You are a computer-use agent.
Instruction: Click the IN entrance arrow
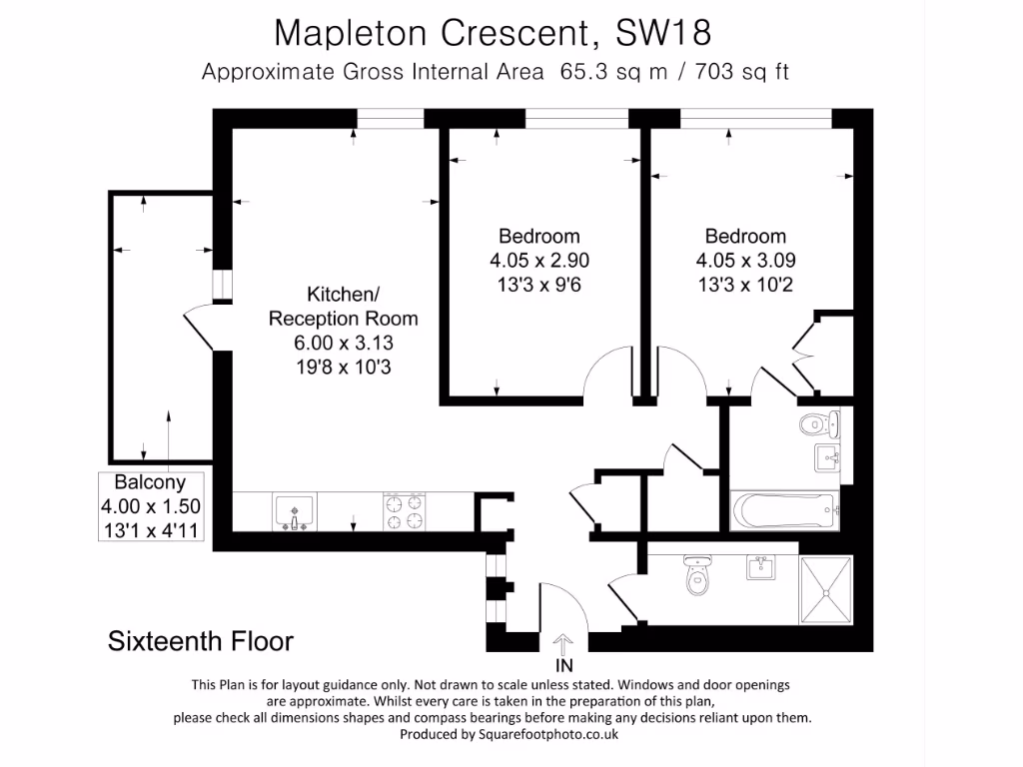[563, 644]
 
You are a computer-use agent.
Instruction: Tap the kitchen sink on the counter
[295, 511]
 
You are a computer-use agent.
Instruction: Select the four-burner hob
[405, 511]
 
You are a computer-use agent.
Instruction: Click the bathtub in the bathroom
[784, 510]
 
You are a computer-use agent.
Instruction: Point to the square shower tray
[825, 590]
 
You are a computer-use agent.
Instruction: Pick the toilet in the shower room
[697, 574]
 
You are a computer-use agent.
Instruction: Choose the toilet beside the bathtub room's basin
[819, 424]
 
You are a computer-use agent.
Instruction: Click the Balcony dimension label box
[151, 506]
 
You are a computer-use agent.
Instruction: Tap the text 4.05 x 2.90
[539, 261]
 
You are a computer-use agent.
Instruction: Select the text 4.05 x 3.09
[745, 261]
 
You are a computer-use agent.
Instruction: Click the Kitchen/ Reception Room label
[344, 306]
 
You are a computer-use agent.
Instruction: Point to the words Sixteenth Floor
[200, 641]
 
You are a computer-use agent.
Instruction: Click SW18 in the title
[663, 33]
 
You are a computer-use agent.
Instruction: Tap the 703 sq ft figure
[742, 71]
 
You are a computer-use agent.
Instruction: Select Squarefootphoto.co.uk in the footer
[548, 734]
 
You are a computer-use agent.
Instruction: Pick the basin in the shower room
[760, 567]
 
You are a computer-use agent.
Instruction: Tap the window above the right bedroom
[756, 118]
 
